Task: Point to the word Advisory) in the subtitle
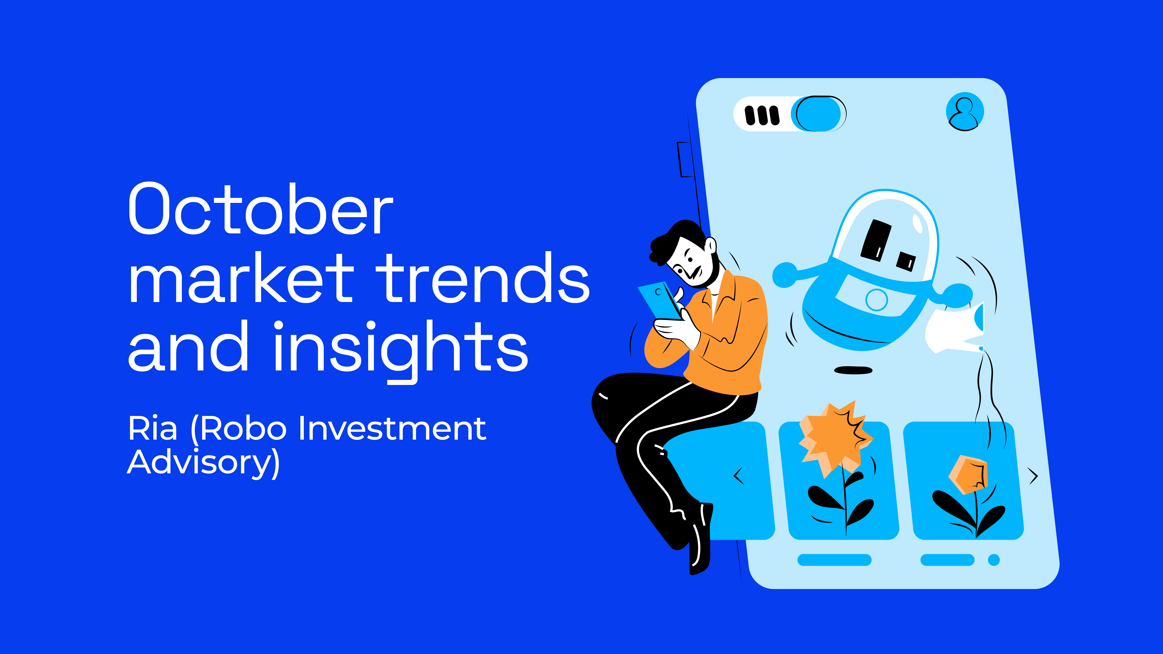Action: coord(203,463)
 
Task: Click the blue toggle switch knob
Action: coord(818,114)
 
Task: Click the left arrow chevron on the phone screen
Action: coord(739,476)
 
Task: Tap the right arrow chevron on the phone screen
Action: coord(1033,476)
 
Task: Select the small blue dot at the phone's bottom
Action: coord(994,560)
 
